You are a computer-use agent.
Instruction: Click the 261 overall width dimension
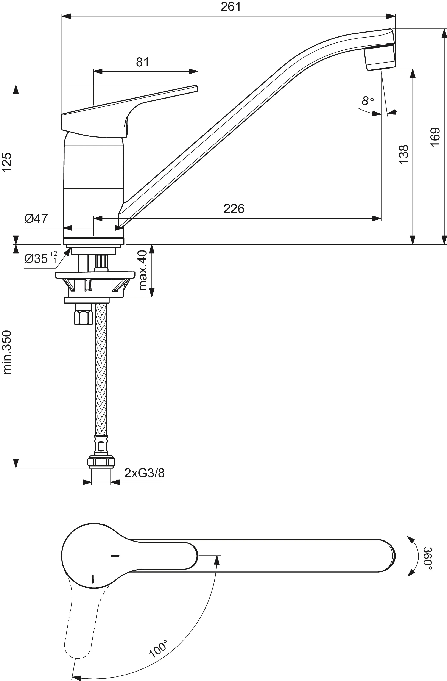(231, 7)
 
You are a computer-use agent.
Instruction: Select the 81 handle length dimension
(142, 62)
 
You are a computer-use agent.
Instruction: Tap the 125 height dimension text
(7, 162)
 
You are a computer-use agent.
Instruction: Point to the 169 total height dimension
(435, 137)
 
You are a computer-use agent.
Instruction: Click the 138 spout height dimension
(403, 154)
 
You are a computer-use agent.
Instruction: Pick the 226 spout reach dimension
(234, 209)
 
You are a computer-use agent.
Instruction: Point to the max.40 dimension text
(142, 270)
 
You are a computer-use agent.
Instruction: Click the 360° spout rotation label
(427, 556)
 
